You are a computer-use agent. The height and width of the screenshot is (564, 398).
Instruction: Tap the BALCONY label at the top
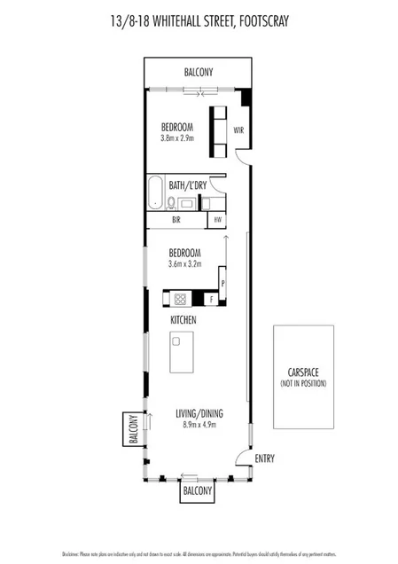click(199, 73)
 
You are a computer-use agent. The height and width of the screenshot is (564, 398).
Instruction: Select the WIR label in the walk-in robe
click(239, 130)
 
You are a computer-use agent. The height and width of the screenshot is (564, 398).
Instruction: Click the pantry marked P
click(222, 283)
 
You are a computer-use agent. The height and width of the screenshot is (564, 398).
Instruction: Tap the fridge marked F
click(211, 299)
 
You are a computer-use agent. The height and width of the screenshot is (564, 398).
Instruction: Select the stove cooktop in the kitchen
click(178, 299)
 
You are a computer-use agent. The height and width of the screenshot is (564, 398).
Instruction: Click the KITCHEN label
click(183, 319)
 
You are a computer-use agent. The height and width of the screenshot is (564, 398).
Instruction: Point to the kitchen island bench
click(183, 353)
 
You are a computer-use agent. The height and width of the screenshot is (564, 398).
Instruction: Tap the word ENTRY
click(265, 458)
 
